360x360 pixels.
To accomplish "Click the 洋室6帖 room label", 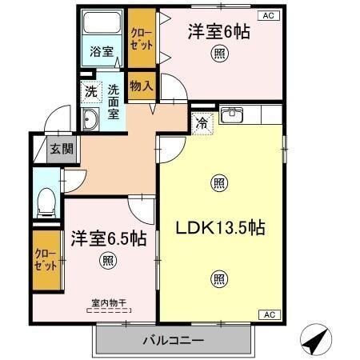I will [x=217, y=32].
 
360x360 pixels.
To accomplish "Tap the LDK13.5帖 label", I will [x=220, y=227].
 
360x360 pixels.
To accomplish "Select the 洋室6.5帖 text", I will [x=108, y=238].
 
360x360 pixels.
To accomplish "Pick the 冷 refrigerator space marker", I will [x=203, y=122].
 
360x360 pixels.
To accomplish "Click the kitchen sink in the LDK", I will [x=232, y=115].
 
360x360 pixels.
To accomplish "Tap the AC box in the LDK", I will [x=269, y=314].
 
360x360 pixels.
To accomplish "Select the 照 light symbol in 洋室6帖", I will [x=218, y=54].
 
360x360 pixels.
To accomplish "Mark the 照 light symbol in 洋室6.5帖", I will [x=107, y=259].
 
